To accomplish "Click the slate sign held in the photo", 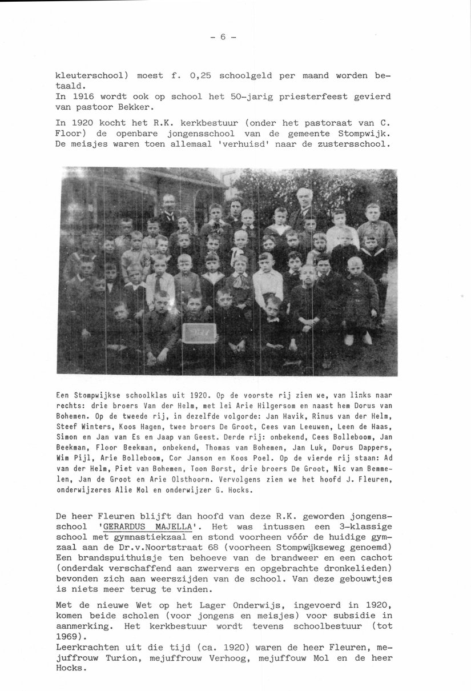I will point(199,332).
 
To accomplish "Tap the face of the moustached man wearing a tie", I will point(168,203).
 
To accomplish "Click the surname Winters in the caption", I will point(103,425).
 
